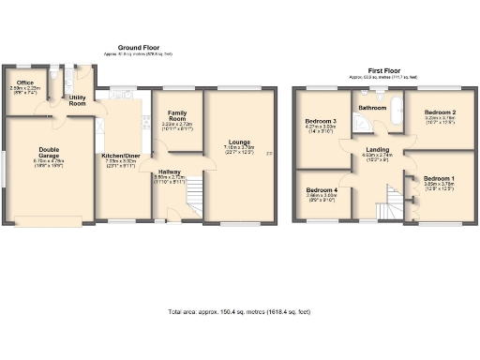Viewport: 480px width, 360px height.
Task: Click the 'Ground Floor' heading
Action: tap(139, 47)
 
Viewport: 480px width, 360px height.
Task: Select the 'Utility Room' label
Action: tap(78, 100)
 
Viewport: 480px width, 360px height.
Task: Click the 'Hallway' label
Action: tap(170, 172)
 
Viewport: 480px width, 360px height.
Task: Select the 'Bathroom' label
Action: tap(372, 108)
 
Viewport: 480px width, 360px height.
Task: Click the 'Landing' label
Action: tap(379, 149)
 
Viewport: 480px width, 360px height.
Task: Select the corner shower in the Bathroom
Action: tap(359, 120)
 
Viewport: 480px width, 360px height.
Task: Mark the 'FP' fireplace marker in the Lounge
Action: tap(270, 154)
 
